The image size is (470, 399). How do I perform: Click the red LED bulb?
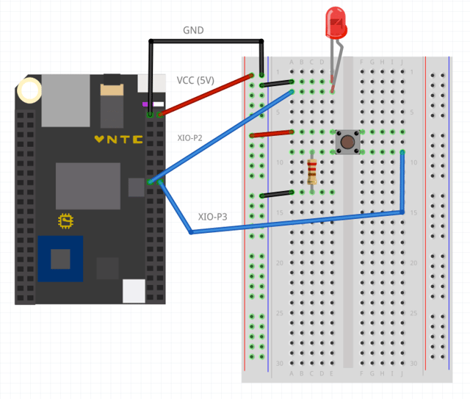pyautogui.click(x=336, y=23)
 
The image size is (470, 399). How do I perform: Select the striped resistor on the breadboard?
pyautogui.click(x=312, y=173)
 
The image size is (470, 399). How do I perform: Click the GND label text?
pyautogui.click(x=193, y=31)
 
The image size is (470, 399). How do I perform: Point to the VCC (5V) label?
pyautogui.click(x=195, y=80)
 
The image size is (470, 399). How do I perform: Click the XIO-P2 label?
pyautogui.click(x=190, y=137)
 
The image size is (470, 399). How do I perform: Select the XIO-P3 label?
pyautogui.click(x=212, y=217)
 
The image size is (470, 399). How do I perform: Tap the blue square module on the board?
pyautogui.click(x=60, y=259)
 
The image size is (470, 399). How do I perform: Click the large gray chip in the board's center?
pyautogui.click(x=87, y=186)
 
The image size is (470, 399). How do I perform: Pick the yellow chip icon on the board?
pyautogui.click(x=66, y=220)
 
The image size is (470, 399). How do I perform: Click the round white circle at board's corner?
pyautogui.click(x=30, y=91)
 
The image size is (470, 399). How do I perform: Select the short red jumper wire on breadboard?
pyautogui.click(x=271, y=134)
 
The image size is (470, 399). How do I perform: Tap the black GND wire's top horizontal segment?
pyautogui.click(x=206, y=40)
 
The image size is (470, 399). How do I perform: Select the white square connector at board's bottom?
pyautogui.click(x=134, y=291)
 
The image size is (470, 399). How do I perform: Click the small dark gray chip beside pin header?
pyautogui.click(x=137, y=187)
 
